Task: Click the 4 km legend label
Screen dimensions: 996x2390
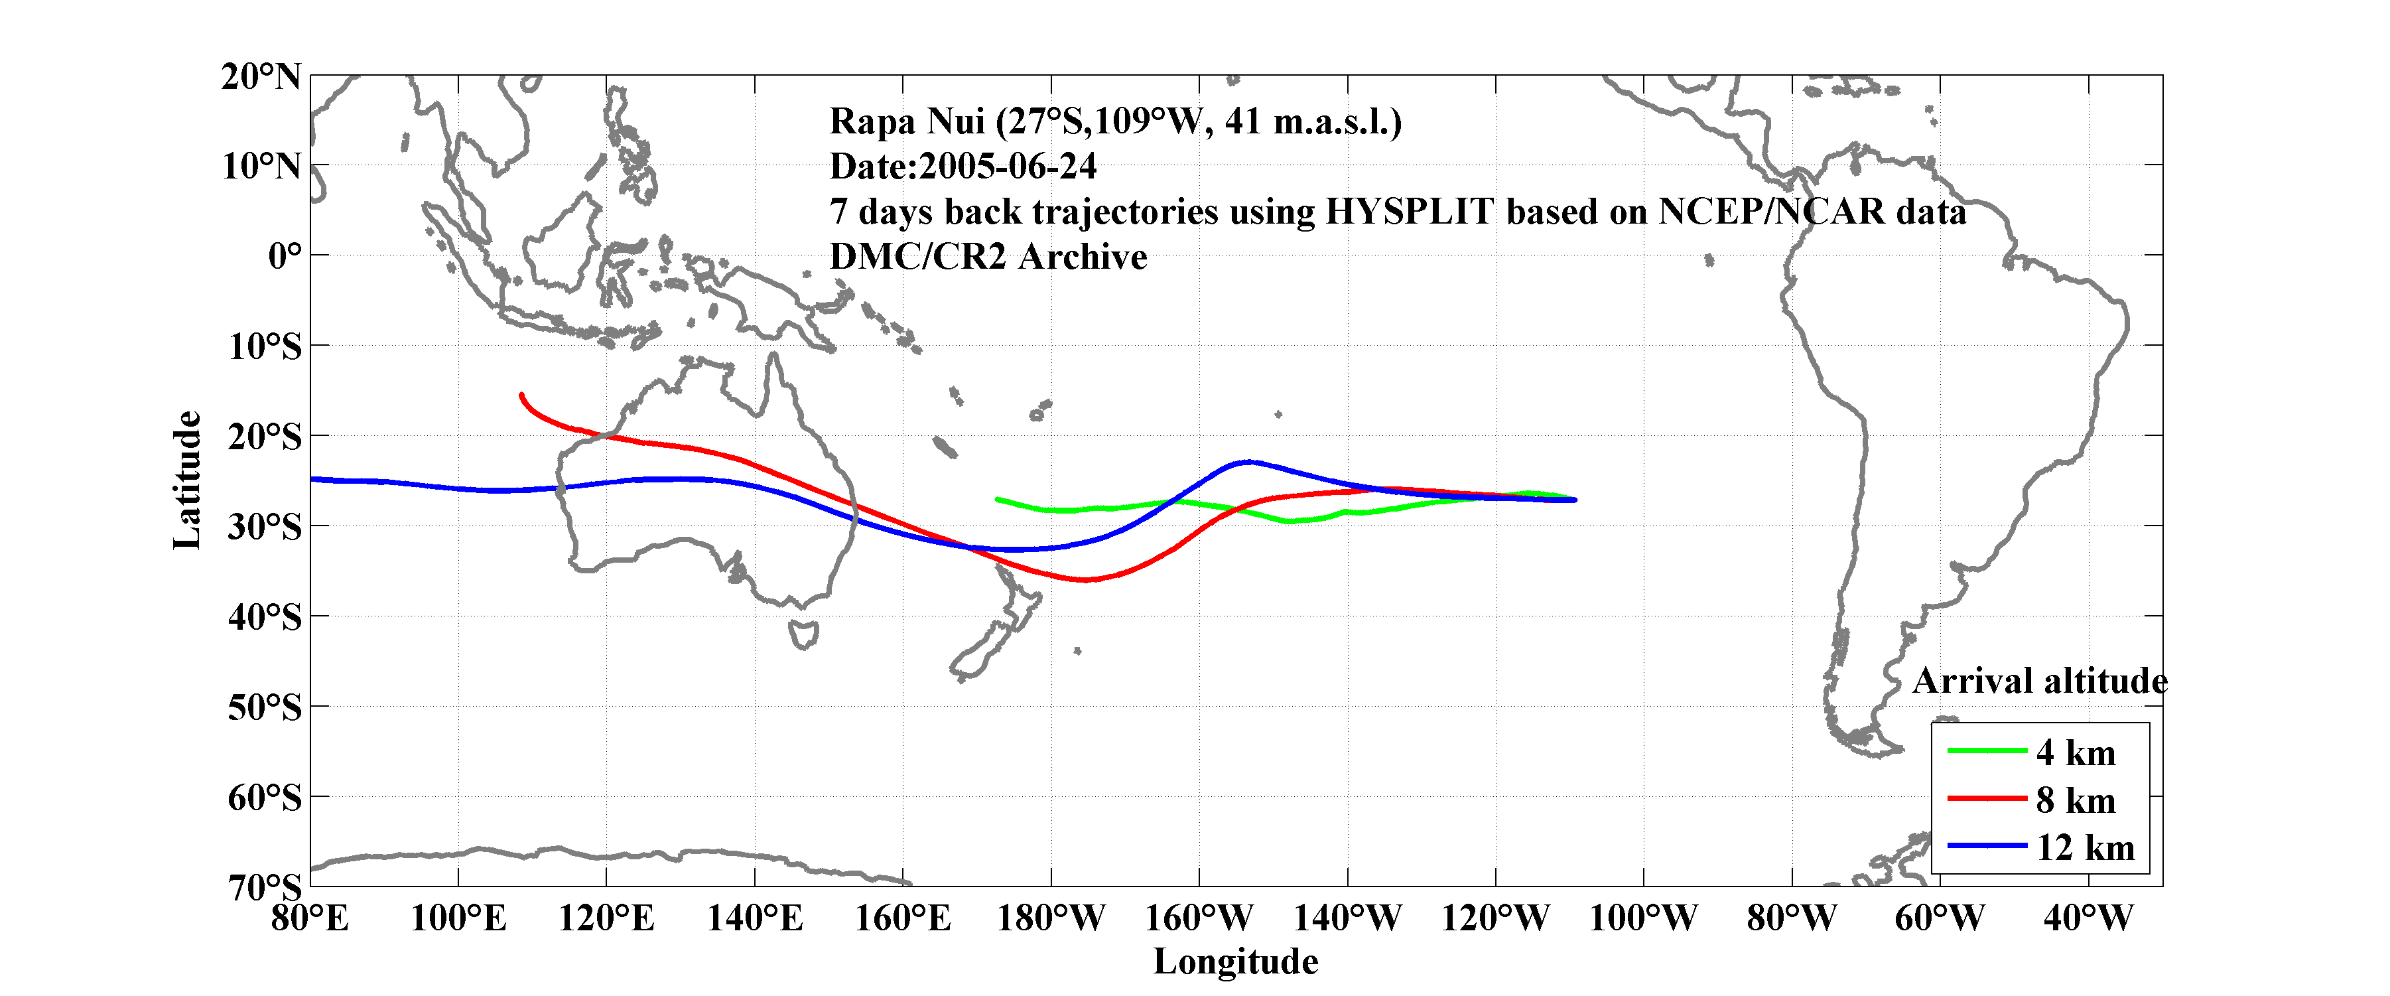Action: [x=2076, y=752]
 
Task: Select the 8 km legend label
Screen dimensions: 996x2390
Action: [x=2076, y=800]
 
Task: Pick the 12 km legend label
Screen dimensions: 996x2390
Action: [x=2085, y=847]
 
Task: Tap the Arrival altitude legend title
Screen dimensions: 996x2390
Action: [x=2039, y=681]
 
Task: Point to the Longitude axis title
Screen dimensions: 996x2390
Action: [x=1235, y=961]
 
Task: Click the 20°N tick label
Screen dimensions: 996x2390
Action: [x=261, y=76]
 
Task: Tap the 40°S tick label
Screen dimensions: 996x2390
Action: [x=265, y=616]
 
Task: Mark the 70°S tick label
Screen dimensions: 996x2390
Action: [x=265, y=887]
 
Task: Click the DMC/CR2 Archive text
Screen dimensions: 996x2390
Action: [x=988, y=257]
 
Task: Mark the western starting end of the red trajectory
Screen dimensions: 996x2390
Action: [x=521, y=395]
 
